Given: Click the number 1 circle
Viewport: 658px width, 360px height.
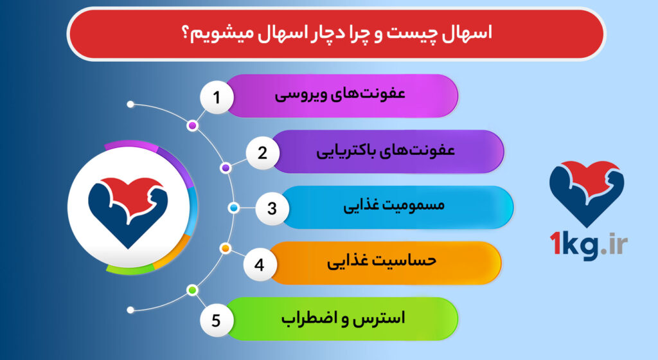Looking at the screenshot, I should [x=217, y=98].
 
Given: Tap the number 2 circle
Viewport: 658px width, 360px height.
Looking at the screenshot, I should [x=262, y=153].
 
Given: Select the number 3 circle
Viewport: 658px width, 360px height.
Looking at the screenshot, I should [x=272, y=208].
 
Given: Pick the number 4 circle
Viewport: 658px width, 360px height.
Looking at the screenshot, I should [x=260, y=264].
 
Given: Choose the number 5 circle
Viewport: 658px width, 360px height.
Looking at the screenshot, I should [x=217, y=319].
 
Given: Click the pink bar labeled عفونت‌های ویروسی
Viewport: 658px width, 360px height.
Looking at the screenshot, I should [x=341, y=96].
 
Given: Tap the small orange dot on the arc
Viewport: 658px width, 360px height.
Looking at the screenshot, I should [x=226, y=248].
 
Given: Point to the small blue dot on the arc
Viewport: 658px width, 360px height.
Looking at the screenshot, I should [x=234, y=208].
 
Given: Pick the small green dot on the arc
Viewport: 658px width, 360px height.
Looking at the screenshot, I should [x=191, y=291].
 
